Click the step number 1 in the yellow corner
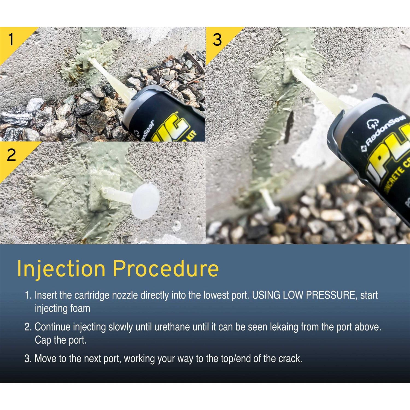11,40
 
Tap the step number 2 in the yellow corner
11,155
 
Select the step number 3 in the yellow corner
217,40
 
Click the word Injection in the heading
61,269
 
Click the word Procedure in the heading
166,269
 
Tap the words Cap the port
60,340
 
